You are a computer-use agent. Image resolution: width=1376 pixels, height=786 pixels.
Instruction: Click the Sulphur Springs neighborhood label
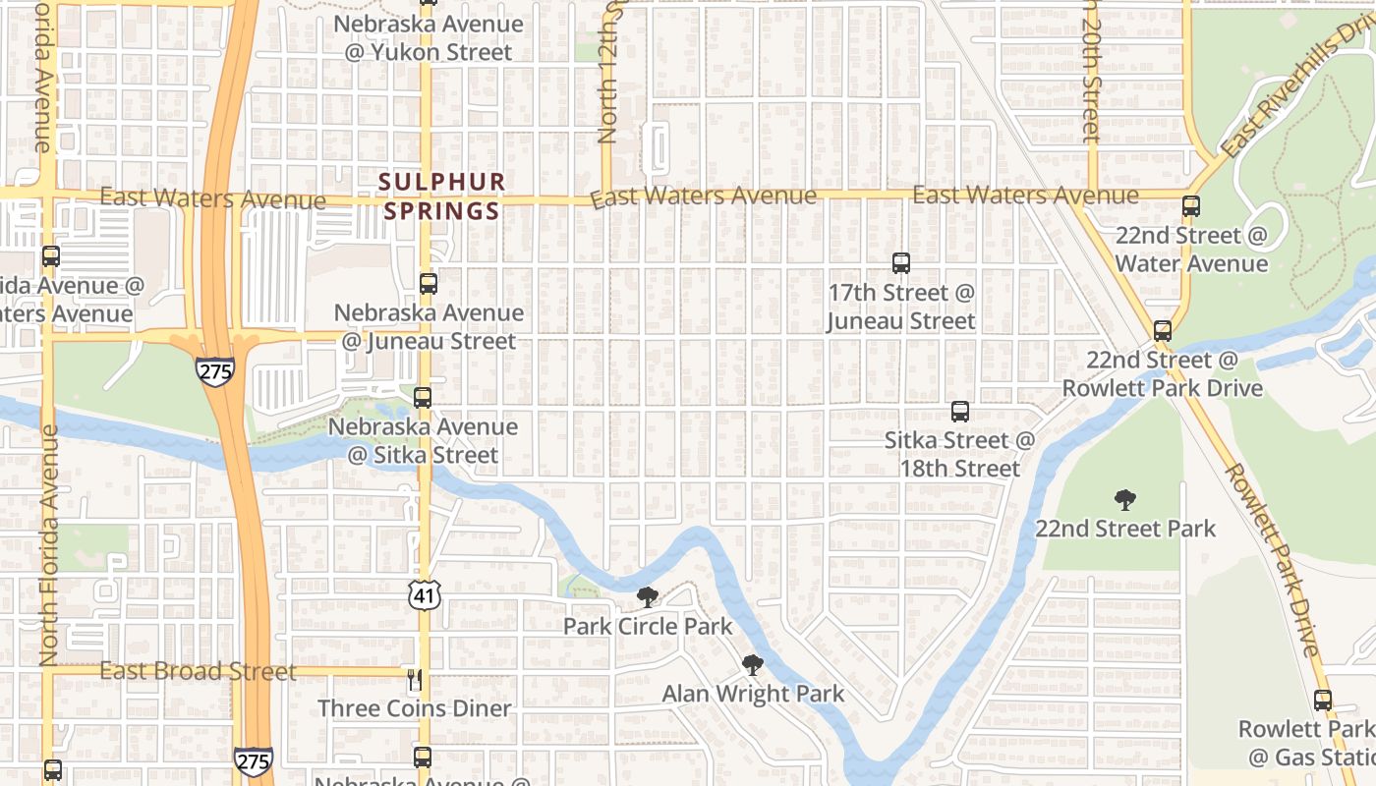tap(442, 196)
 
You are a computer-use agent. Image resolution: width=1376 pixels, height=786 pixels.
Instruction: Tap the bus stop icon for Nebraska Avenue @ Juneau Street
tap(429, 284)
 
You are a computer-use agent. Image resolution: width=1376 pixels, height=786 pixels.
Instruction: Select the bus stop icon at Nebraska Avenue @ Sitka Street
tap(423, 398)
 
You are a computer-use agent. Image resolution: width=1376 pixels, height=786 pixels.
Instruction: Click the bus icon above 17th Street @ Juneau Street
tap(901, 263)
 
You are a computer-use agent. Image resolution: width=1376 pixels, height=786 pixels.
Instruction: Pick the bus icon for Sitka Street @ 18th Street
tap(960, 412)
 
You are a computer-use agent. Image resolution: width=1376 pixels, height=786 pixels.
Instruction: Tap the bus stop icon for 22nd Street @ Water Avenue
tap(1191, 206)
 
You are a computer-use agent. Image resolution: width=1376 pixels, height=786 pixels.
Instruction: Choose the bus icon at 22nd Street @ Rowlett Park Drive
tap(1163, 331)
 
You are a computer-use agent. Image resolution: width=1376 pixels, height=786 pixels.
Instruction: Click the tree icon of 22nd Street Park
tap(1125, 500)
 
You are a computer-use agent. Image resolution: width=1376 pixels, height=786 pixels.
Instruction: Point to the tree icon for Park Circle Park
tap(647, 596)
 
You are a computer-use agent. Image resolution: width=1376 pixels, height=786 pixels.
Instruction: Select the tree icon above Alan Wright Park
tap(753, 665)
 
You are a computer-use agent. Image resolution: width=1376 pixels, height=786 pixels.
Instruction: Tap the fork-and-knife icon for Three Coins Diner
tap(415, 679)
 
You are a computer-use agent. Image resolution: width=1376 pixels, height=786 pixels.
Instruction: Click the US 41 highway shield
tap(427, 593)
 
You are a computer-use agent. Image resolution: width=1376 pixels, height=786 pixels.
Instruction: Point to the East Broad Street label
tap(198, 672)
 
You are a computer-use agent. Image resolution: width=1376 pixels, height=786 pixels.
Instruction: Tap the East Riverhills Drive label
tap(1296, 88)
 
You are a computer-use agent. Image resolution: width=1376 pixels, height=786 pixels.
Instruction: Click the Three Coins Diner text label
tap(415, 708)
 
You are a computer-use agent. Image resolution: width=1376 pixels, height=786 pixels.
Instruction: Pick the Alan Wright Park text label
tap(753, 694)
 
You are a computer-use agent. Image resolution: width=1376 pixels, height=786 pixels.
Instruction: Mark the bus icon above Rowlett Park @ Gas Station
tap(1323, 701)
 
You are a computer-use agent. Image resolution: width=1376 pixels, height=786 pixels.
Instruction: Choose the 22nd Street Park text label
tap(1125, 529)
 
